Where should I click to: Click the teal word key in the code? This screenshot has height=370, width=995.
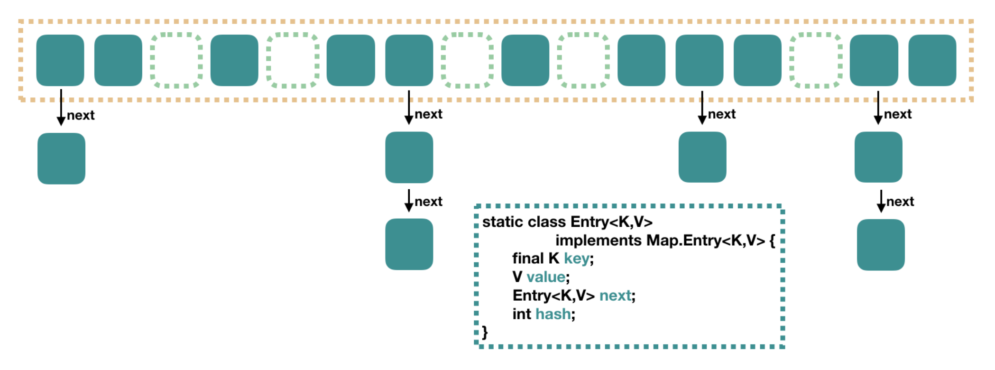coord(576,259)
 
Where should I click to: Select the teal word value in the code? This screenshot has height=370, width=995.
coord(546,277)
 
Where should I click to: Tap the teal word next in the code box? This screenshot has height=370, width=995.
coord(615,296)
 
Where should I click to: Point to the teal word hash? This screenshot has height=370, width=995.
coord(553,314)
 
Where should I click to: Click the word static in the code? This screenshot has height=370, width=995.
coord(500,222)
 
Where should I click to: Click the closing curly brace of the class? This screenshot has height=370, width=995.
coord(485,332)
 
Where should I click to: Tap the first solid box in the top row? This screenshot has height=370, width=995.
coord(60,60)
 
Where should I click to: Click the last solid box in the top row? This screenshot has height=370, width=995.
coord(932,60)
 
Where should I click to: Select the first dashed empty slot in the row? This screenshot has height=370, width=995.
coord(176,60)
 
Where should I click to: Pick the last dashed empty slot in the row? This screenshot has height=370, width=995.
coord(816,60)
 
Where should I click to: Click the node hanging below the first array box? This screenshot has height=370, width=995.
coord(61,158)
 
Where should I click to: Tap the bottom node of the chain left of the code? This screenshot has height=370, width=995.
coord(409,244)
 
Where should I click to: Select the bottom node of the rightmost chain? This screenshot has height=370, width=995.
coord(881,245)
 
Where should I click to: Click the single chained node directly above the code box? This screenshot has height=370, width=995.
coord(702,157)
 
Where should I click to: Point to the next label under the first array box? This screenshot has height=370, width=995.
coord(81,115)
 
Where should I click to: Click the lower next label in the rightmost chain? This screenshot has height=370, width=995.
coord(900,202)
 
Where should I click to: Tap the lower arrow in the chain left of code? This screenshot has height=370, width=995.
coord(409,201)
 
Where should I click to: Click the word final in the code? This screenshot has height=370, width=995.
coord(527,259)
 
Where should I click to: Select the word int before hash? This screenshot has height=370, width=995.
coord(521,314)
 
